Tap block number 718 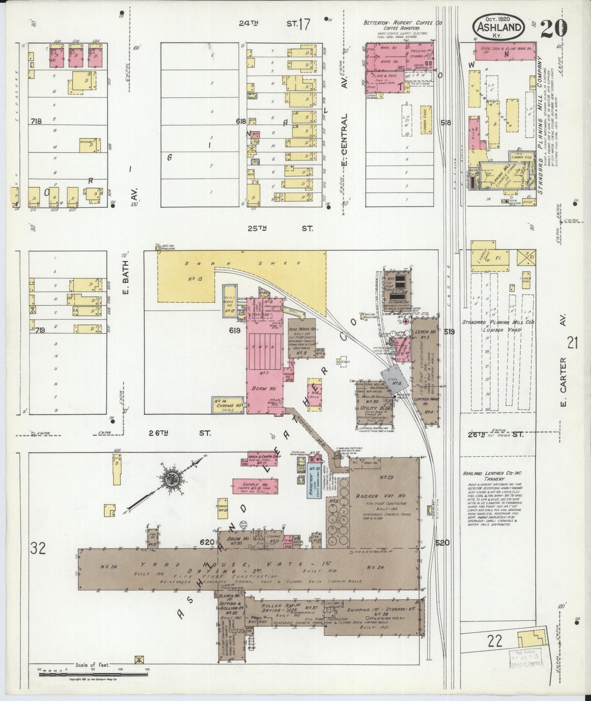[38, 121]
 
